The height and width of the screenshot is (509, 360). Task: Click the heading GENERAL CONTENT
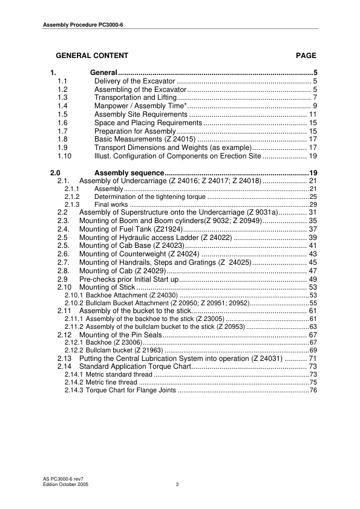[x=91, y=56]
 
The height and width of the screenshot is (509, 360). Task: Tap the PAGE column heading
[x=306, y=56]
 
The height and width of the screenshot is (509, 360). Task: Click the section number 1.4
[x=62, y=106]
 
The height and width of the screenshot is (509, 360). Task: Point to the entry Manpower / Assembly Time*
[x=140, y=106]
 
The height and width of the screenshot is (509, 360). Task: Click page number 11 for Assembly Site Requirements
[x=313, y=114]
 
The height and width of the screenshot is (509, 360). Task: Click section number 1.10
[x=64, y=155]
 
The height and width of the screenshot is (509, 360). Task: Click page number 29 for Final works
[x=313, y=205]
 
